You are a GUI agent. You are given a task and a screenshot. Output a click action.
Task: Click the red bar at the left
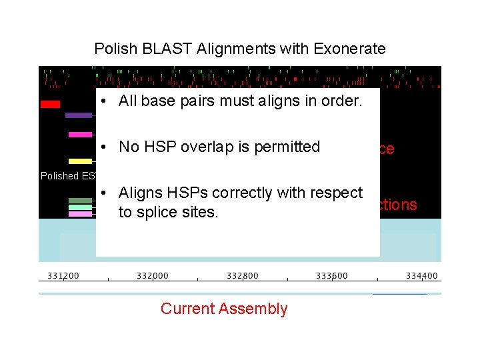pos(50,104)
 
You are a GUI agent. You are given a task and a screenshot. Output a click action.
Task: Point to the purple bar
pos(79,115)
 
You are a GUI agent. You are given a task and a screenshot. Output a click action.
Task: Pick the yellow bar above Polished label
pos(80,161)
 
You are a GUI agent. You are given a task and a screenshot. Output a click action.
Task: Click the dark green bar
pos(80,201)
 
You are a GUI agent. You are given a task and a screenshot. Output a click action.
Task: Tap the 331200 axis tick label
pos(63,276)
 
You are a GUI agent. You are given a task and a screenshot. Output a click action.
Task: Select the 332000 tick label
pos(153,276)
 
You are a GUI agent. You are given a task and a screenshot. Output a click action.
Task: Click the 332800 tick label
pos(243,276)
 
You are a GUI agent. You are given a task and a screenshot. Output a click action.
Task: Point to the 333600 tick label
pos(332,276)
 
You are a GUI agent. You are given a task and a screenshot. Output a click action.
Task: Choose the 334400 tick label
pos(422,276)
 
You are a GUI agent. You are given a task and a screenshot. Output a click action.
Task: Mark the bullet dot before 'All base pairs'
pos(107,102)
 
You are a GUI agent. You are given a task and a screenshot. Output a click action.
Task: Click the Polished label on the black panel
pos(59,176)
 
